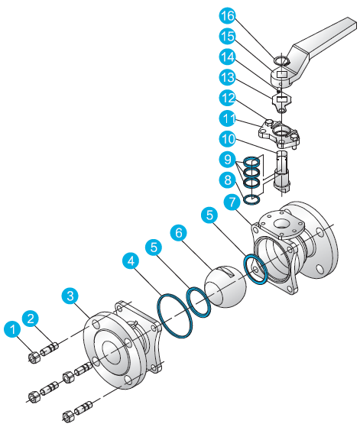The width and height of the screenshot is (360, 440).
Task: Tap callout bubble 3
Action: point(70,295)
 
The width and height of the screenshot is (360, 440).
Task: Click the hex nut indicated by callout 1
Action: point(34,357)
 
